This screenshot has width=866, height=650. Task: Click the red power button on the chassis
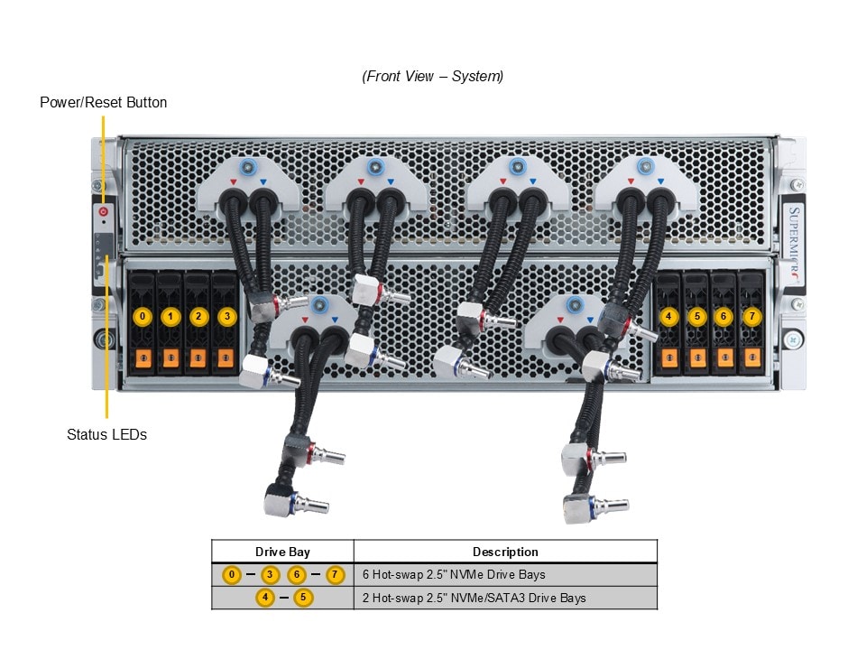104,211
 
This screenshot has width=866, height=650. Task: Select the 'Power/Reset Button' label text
103,102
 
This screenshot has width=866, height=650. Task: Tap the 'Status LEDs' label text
106,434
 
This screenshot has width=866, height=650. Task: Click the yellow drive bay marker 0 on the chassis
142,317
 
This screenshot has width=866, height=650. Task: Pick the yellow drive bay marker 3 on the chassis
226,317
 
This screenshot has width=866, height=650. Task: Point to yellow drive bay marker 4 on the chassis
668,317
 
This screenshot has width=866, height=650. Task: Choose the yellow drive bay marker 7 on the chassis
752,317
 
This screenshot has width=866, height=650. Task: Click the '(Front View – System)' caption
433,76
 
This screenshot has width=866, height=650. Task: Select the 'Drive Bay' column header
282,552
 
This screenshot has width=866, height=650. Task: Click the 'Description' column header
505,552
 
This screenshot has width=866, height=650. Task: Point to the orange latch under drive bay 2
198,358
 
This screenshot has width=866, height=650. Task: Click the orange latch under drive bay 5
696,358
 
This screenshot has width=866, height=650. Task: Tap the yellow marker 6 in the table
297,574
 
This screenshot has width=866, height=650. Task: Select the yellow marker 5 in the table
303,598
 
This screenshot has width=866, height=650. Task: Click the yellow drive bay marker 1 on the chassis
170,317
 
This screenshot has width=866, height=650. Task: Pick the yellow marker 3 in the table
269,574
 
